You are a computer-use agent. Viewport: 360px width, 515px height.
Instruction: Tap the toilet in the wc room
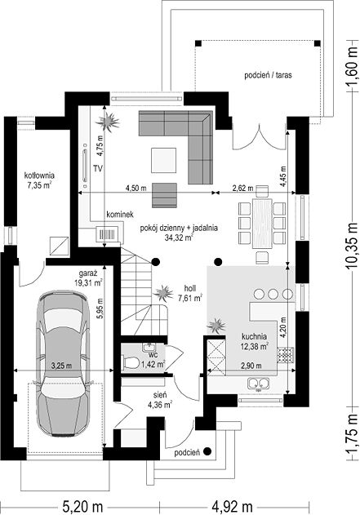(131, 363)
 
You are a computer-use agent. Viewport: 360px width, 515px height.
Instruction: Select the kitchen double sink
(259, 383)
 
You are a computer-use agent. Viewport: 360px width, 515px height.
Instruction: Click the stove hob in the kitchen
(285, 355)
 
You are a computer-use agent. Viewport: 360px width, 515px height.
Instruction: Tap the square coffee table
(163, 160)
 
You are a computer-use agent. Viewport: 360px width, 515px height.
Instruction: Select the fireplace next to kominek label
(107, 234)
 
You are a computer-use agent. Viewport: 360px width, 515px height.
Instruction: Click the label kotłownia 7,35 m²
(39, 180)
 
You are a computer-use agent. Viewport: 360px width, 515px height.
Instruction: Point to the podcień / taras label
(268, 75)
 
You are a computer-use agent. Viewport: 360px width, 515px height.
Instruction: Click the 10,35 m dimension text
(353, 246)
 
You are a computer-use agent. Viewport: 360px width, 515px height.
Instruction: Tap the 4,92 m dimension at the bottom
(233, 506)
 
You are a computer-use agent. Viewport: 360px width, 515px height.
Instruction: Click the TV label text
(98, 169)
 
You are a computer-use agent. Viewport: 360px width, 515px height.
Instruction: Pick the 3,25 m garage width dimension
(62, 365)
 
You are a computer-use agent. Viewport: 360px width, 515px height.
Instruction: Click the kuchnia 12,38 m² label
(255, 341)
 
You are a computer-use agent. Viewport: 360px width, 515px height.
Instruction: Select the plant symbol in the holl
(163, 293)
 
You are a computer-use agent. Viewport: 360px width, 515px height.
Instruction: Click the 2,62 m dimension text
(242, 189)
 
